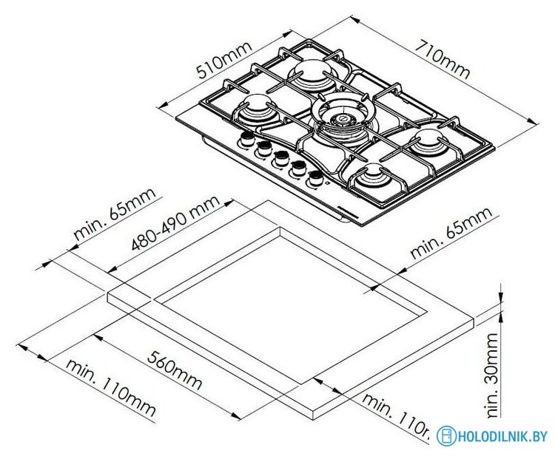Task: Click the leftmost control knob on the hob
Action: (x=246, y=141)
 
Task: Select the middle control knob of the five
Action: (x=280, y=157)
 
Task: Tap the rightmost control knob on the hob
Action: (x=316, y=177)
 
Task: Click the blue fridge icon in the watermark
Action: (x=444, y=436)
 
